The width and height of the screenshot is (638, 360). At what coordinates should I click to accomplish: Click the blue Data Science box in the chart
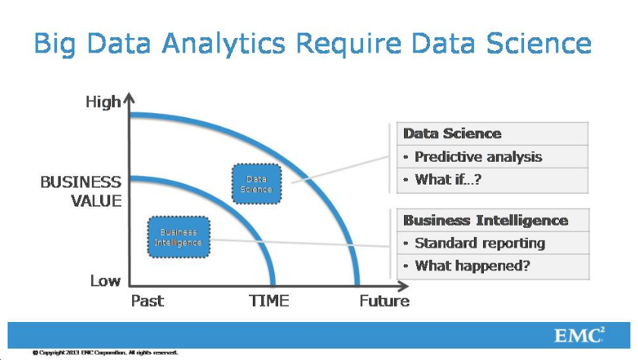coord(257,184)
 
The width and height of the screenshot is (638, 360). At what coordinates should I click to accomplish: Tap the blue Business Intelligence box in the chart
coord(178,237)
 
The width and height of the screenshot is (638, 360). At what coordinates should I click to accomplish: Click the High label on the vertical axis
coord(103,102)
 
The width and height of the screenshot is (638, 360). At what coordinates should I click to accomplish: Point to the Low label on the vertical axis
coord(106,281)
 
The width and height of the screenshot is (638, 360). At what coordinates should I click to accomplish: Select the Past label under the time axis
coord(147,301)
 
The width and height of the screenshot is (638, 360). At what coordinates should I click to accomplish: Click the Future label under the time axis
coord(384,301)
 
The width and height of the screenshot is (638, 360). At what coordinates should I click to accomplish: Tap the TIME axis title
coord(269,301)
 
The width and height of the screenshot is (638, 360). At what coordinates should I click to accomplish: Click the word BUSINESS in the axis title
coord(81,182)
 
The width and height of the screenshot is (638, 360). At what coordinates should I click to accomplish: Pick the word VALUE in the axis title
coord(96,201)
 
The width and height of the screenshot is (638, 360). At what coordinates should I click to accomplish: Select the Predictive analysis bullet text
coord(478,156)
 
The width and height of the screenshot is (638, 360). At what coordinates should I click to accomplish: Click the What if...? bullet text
coord(448,179)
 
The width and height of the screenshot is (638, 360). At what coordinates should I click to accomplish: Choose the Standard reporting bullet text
coord(480,243)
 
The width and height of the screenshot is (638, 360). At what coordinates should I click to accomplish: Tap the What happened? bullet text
coord(472,266)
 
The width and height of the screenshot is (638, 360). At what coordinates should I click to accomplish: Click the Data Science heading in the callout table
coord(453,134)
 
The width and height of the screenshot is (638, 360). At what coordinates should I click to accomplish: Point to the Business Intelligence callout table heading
coord(486,220)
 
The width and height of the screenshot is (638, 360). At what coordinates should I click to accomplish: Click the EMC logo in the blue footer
coord(580,335)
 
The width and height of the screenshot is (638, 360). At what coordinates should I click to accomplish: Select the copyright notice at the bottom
coord(106,352)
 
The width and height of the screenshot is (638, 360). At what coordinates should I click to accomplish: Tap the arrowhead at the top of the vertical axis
coord(129,98)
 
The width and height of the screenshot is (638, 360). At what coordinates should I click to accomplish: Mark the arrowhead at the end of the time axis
coord(403,286)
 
